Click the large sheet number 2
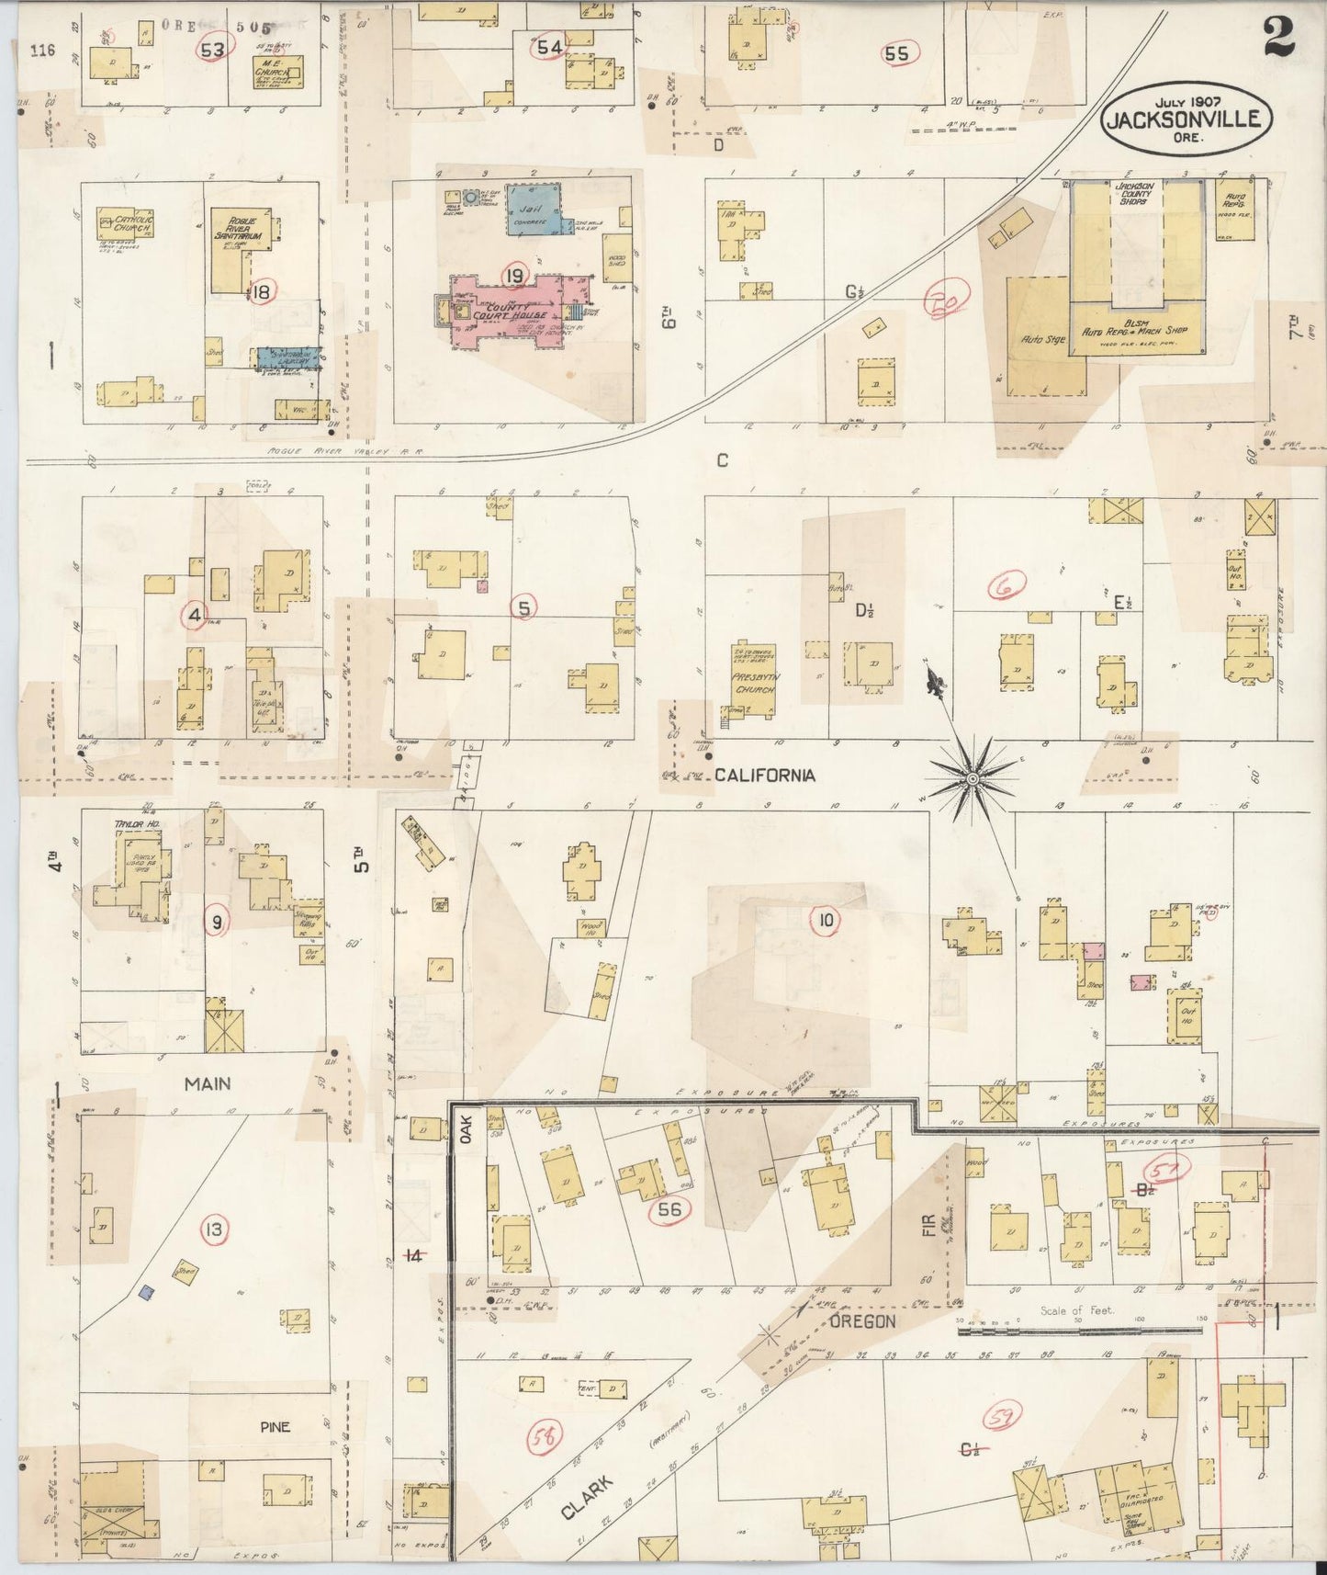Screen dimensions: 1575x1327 [x=1279, y=37]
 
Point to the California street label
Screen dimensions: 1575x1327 [x=764, y=776]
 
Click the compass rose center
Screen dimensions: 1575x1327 [x=972, y=779]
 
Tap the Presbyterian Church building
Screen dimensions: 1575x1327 [x=753, y=681]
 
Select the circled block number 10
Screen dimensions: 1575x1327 [x=824, y=921]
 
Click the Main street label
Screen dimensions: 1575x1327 [x=208, y=1084]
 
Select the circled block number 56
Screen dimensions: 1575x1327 [x=669, y=1209]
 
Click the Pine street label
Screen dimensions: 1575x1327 [x=275, y=1426]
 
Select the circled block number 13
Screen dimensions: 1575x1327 [x=213, y=1229]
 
